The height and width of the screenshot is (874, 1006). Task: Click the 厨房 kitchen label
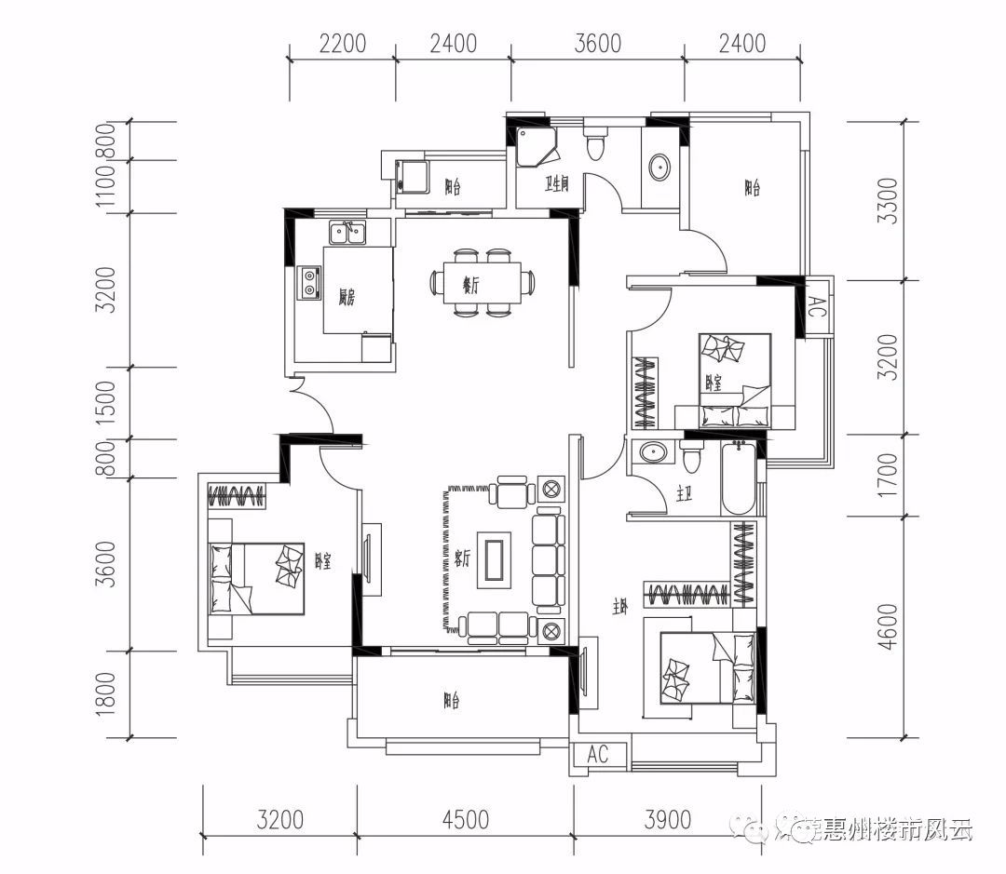pos(347,297)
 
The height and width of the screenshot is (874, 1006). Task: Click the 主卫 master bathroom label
pos(684,495)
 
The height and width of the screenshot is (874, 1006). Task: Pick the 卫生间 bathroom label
pos(557,184)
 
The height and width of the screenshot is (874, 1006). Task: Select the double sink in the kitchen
pos(347,232)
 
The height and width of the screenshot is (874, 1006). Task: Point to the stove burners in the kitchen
pos(308,283)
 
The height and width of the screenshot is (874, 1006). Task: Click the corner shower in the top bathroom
pos(537,147)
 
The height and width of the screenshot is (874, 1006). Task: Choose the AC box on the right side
pos(816,307)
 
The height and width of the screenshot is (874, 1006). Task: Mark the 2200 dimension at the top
pos(342,43)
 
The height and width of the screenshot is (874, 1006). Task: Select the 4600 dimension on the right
pos(887,626)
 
